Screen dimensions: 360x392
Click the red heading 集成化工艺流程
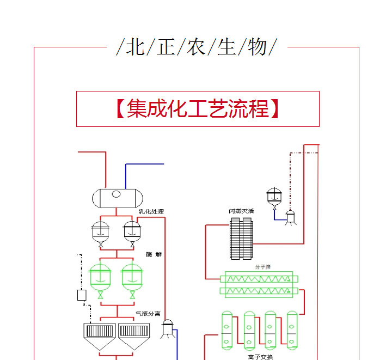(x=198, y=108)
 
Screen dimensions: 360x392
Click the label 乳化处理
(x=151, y=211)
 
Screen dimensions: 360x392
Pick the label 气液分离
(x=148, y=314)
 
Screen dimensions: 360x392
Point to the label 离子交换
(x=260, y=357)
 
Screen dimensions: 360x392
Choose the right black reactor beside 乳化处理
(x=132, y=232)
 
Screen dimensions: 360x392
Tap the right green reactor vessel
(x=132, y=278)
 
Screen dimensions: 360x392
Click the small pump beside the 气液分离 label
(x=167, y=328)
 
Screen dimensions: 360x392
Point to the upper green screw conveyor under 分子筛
(x=259, y=278)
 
